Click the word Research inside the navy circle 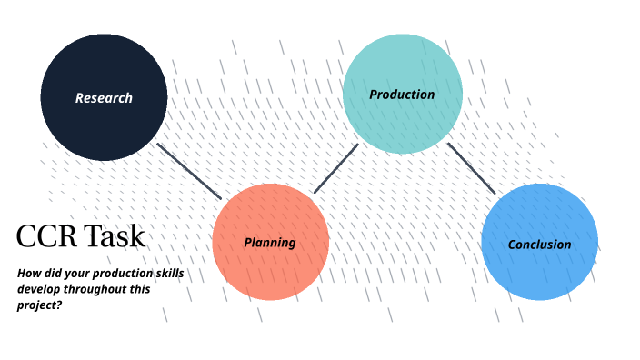point(104,98)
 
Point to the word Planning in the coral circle point(270,243)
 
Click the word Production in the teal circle point(402,95)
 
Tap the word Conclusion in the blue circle point(539,245)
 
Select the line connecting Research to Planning point(189,171)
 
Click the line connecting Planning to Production point(335,168)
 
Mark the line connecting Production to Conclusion point(471,168)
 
